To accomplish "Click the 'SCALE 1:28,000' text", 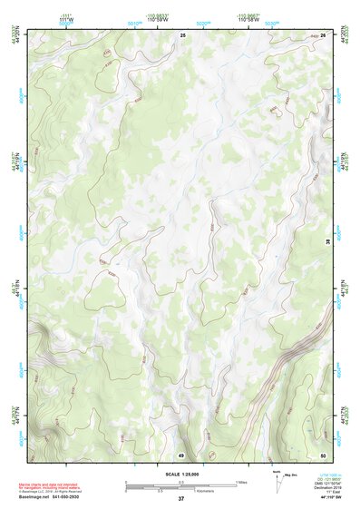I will tap(180, 474).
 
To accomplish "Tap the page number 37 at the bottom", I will tap(180, 499).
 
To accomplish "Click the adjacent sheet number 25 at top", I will tap(182, 34).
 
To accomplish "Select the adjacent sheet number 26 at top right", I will tap(323, 34).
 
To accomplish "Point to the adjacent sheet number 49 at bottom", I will tap(180, 455).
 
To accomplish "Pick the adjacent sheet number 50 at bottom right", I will tap(322, 455).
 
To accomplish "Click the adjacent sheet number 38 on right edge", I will tap(327, 241).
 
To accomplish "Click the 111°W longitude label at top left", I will tap(63, 19).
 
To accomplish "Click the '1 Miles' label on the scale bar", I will tap(241, 482).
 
